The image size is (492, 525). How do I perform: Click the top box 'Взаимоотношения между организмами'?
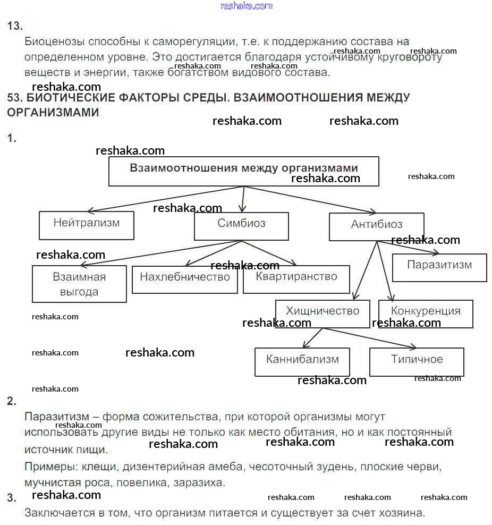point(243,171)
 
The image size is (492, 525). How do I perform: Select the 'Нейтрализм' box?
point(87,225)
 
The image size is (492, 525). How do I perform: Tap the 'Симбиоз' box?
point(241,226)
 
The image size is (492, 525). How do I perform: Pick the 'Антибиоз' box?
point(376,227)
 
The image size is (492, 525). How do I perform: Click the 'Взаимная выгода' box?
point(79,284)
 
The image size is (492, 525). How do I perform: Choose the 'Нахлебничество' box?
point(184,279)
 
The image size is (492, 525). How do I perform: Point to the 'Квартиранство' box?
point(296,279)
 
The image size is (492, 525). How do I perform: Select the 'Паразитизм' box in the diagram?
point(439,267)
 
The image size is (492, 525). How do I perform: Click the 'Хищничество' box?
point(323,314)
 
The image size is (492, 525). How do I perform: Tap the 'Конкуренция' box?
point(426,314)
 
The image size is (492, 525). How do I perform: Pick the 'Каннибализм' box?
point(302,362)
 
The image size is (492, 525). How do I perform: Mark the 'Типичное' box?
point(417,362)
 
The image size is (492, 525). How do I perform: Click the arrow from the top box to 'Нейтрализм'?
point(165,199)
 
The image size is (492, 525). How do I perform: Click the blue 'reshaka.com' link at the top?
point(246,6)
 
